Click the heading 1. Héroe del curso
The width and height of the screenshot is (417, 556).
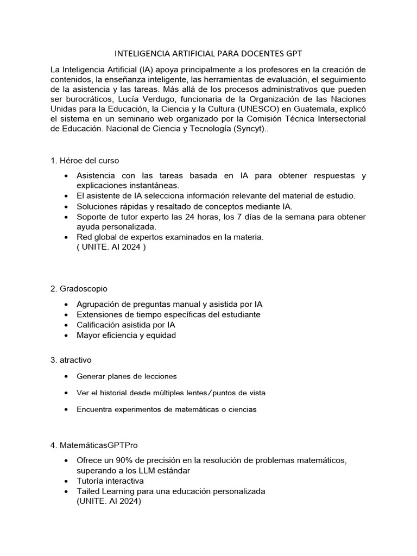[x=84, y=161]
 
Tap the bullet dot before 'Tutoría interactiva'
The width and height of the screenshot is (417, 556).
[x=66, y=481]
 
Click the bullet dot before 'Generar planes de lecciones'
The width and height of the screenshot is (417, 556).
[x=66, y=376]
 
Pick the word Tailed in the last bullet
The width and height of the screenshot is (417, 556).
[x=89, y=491]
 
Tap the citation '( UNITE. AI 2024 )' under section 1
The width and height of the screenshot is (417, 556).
[x=111, y=247]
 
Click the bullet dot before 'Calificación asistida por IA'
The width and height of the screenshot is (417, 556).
[x=66, y=325]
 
